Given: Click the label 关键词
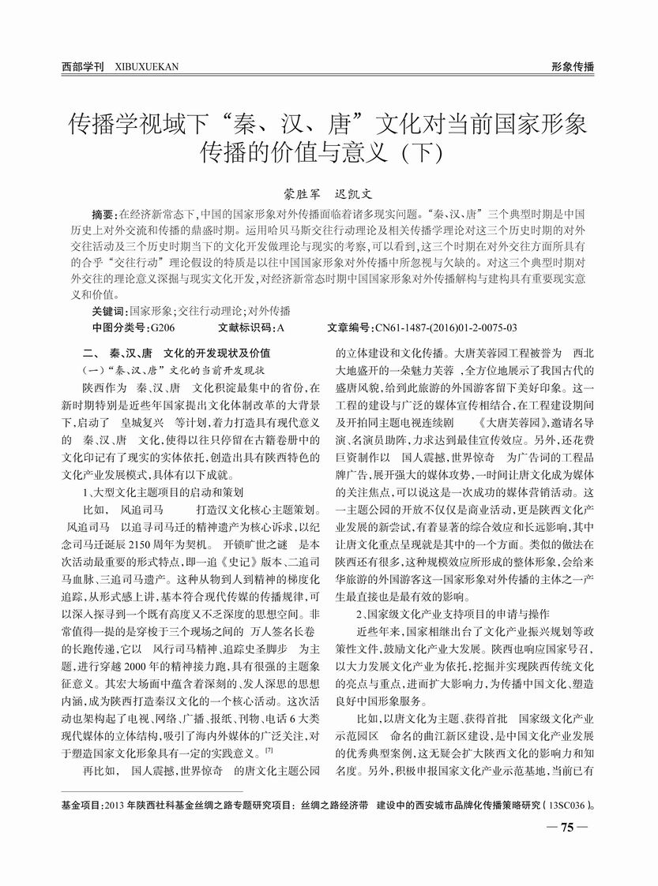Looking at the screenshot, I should click(x=109, y=311).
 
